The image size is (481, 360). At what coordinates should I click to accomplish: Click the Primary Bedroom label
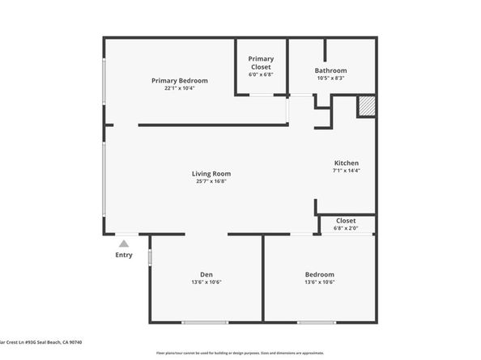coord(180,80)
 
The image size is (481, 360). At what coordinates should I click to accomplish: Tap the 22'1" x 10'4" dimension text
coord(180,88)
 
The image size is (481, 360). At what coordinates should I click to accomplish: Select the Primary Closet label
coord(261,62)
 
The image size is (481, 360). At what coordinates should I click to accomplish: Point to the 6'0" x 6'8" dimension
coord(261,74)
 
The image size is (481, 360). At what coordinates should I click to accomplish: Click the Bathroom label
coord(330,70)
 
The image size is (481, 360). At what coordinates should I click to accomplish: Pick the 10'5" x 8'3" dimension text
coord(330,78)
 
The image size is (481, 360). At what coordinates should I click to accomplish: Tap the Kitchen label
coord(346,163)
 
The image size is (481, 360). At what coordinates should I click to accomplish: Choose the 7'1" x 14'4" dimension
coord(346,171)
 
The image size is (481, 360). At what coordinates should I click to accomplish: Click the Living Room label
coord(211,173)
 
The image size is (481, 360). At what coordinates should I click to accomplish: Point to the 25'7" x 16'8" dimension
coord(211,182)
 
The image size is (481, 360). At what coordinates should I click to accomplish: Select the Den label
coord(206,274)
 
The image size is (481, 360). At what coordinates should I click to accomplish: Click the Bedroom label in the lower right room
coord(319,274)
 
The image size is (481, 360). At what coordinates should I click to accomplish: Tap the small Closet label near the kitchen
coord(346,220)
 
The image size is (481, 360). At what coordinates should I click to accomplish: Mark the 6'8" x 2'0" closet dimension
coord(346,228)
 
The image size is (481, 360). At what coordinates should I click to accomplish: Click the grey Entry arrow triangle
coord(124,242)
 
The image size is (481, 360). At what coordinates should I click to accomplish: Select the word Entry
coord(124,255)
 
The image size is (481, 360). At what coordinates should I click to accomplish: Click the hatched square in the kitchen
coord(366,107)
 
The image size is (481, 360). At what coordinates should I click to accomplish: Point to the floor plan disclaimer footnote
coord(240,354)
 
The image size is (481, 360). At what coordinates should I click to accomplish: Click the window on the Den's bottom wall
coord(204,323)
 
